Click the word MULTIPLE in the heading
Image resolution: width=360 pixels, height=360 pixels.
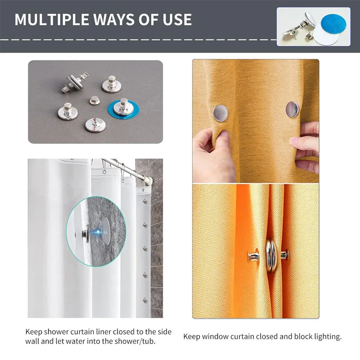52,19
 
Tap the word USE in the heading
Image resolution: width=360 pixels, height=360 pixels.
177,19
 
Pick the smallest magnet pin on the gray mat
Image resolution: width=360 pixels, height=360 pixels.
94,100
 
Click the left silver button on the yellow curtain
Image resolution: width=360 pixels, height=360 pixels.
220,113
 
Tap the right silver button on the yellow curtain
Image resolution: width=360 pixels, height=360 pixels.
292,109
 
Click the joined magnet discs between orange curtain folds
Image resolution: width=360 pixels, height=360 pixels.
271,256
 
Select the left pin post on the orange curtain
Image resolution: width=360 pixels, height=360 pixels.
253,256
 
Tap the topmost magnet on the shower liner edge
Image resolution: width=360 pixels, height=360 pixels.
145,202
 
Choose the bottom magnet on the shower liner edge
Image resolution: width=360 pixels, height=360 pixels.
145,300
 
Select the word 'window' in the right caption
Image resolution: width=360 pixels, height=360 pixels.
216,337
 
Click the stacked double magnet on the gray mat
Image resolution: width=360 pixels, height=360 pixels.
75,82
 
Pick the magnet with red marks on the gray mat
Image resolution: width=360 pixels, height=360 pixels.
95,125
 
